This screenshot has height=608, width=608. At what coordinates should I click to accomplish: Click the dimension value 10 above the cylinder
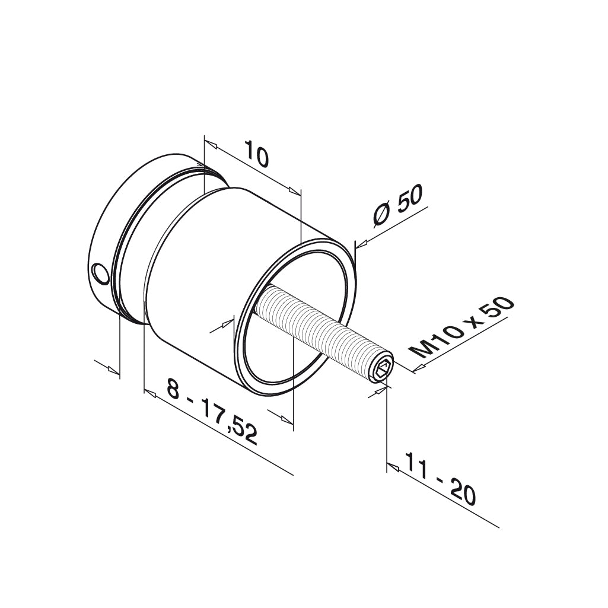[256, 155]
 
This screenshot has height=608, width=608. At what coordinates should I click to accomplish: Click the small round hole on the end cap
[101, 275]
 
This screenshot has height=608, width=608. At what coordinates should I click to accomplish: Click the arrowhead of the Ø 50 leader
[361, 243]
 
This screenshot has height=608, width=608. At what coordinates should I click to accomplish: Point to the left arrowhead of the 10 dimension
[211, 145]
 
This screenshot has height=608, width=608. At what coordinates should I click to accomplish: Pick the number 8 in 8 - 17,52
[173, 390]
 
